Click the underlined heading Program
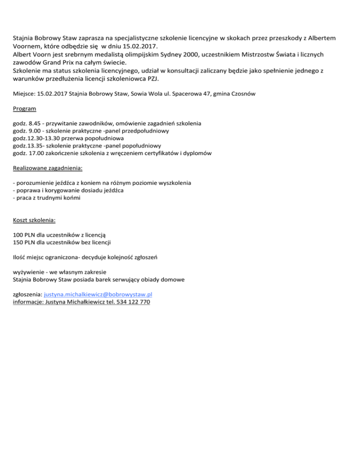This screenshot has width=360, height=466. (x=24, y=109)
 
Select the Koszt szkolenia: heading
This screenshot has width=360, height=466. (x=35, y=219)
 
